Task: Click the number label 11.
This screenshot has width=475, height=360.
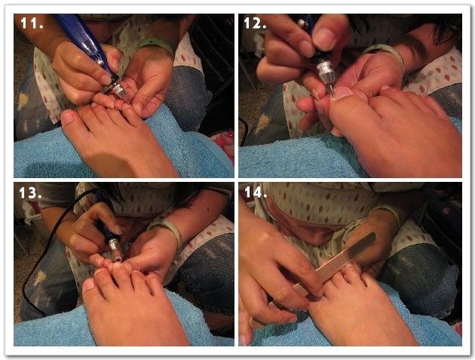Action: click(32, 23)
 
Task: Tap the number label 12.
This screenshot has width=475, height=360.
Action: click(255, 23)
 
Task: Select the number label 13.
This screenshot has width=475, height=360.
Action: click(30, 193)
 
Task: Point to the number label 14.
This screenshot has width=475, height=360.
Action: click(256, 192)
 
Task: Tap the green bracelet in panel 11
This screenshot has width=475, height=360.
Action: click(156, 45)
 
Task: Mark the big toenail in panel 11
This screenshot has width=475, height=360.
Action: click(67, 118)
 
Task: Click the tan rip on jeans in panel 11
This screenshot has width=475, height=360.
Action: click(23, 100)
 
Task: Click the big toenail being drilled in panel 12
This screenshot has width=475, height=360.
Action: click(342, 93)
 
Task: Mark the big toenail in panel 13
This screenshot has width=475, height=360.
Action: click(89, 285)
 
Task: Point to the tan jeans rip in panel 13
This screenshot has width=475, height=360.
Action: click(41, 278)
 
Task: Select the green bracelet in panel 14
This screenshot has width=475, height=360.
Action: click(385, 212)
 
